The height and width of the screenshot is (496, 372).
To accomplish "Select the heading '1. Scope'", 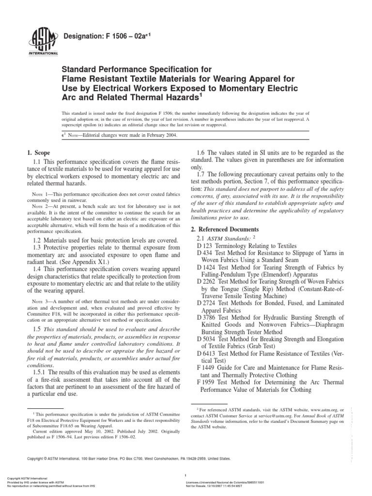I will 40,153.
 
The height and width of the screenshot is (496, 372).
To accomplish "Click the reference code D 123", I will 206,246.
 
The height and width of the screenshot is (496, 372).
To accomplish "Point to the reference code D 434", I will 206,253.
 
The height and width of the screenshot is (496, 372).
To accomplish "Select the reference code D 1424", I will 208,267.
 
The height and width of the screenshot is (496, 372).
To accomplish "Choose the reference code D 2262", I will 208,281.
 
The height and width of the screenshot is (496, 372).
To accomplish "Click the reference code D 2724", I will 208,302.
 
